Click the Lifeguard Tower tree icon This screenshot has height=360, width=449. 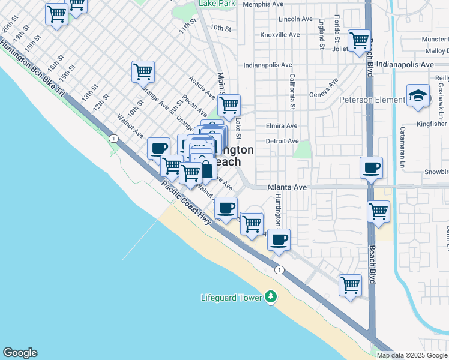pyautogui.click(x=271, y=296)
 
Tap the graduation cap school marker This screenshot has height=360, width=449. pyautogui.click(x=418, y=95)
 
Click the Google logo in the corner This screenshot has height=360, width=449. pyautogui.click(x=20, y=353)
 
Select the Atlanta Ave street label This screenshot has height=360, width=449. pyautogui.click(x=286, y=187)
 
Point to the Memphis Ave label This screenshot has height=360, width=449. pyautogui.click(x=263, y=4)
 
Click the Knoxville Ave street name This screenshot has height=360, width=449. pyautogui.click(x=280, y=35)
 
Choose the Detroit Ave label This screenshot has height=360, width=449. pyautogui.click(x=282, y=141)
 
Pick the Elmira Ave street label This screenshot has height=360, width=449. pyautogui.click(x=282, y=126)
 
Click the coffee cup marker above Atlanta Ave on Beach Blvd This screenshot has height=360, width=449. pyautogui.click(x=371, y=167)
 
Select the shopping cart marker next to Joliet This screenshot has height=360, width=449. pyautogui.click(x=359, y=40)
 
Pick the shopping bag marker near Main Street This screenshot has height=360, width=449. pyautogui.click(x=205, y=169)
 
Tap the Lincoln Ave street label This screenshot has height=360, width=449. pyautogui.click(x=296, y=19)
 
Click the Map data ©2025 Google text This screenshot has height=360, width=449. pyautogui.click(x=412, y=355)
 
